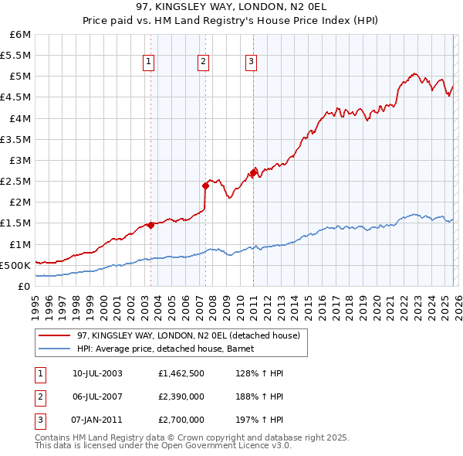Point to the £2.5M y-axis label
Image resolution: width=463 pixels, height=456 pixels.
click(x=16, y=181)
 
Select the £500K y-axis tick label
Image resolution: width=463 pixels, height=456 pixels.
click(x=16, y=265)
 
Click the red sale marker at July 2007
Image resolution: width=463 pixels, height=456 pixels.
click(x=206, y=185)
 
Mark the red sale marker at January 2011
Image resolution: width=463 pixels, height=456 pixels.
click(x=254, y=172)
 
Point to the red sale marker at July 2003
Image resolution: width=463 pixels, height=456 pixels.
click(x=150, y=224)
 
